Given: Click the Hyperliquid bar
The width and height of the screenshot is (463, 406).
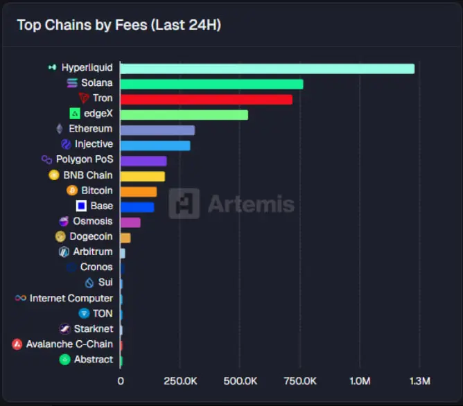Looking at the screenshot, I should (267, 69).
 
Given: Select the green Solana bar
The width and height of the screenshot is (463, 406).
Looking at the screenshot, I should (211, 84).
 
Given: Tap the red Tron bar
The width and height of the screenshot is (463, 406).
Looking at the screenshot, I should (206, 99).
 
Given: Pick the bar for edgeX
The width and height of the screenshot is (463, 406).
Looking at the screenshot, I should (184, 114).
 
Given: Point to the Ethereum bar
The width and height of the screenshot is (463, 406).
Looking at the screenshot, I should (157, 130).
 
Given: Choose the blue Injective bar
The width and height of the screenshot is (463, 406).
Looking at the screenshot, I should (155, 145).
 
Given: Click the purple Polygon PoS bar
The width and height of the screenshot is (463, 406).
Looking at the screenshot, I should (143, 161).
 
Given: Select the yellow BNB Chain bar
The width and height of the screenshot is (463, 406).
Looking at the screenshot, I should (143, 176).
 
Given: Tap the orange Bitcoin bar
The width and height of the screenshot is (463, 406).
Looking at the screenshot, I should (139, 191).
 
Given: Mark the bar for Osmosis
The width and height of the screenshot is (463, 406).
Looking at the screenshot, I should (130, 222).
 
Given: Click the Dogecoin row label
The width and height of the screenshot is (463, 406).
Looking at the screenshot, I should (91, 237).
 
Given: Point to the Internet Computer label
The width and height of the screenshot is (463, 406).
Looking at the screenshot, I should (71, 298).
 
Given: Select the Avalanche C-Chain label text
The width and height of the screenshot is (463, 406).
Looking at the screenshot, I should (69, 344).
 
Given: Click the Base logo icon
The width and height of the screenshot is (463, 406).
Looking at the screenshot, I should (81, 206).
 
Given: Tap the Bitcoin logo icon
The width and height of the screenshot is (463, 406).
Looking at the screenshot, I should (72, 191).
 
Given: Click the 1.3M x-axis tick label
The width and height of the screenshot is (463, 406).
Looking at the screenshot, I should (420, 381).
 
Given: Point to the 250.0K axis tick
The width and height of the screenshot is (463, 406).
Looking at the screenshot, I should (180, 381).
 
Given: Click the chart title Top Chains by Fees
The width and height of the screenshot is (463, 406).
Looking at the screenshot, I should (119, 25).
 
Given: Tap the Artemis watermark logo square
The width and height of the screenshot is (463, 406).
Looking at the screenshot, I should (184, 204).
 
